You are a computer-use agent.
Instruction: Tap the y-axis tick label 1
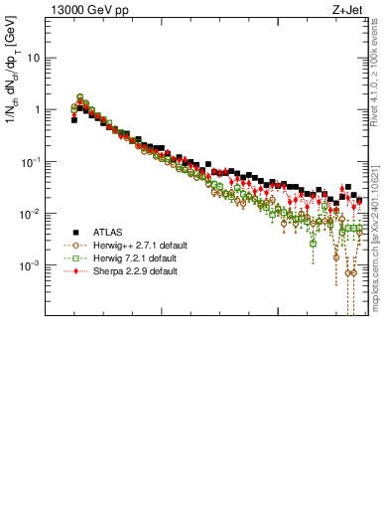coord(38,110)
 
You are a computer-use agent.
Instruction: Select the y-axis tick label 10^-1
coord(32,161)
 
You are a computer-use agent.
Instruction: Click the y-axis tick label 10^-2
coord(32,214)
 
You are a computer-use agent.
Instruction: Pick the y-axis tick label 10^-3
coord(32,265)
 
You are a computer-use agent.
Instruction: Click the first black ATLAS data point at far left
coord(74,119)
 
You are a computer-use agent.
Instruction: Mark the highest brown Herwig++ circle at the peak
coord(80,97)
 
